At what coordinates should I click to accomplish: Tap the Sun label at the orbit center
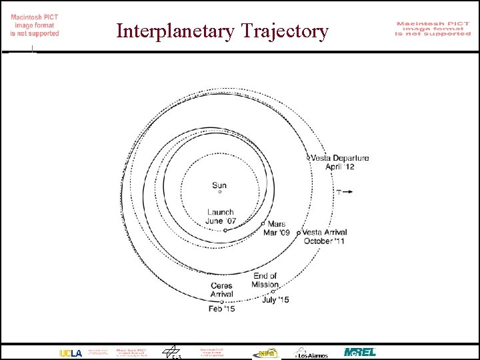tap(219, 185)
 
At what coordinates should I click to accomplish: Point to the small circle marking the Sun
tap(219, 193)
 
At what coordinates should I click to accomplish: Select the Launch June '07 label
tap(220, 217)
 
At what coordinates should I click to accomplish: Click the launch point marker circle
tap(225, 230)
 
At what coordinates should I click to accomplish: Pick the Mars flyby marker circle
tap(263, 223)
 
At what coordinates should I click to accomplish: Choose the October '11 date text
tap(324, 241)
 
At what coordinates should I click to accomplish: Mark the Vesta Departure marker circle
tap(308, 158)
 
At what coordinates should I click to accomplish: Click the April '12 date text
tap(339, 167)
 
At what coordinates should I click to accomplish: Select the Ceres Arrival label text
tap(221, 290)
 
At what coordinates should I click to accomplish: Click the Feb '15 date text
tap(221, 309)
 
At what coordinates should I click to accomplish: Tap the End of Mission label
tap(265, 280)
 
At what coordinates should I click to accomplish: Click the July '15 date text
tap(275, 300)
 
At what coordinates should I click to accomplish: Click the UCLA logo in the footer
tap(71, 352)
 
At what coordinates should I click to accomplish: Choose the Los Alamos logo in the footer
tap(311, 352)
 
